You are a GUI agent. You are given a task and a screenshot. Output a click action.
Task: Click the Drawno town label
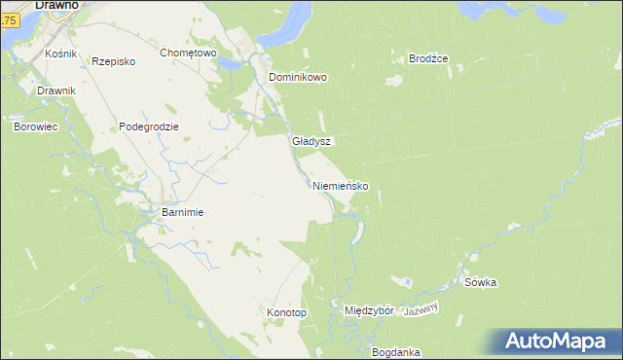(55, 5)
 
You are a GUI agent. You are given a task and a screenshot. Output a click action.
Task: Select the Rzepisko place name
(113, 61)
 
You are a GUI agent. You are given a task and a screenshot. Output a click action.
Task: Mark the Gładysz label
(311, 141)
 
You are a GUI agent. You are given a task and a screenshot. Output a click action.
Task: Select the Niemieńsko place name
(340, 186)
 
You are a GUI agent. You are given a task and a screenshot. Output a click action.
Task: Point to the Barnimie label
(181, 212)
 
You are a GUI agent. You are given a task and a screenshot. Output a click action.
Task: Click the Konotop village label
(286, 312)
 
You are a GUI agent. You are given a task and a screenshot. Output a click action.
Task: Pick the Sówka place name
(481, 283)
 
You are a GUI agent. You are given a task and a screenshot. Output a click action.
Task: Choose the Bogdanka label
(395, 351)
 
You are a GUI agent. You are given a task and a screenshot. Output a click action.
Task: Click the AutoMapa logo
(556, 342)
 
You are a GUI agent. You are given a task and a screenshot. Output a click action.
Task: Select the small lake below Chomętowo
(231, 65)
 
